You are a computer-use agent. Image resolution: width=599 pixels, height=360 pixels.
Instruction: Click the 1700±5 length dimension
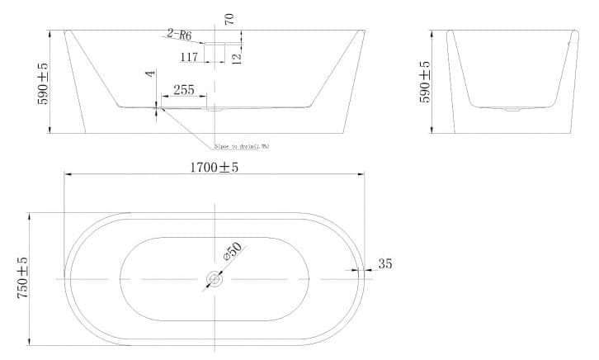[x=214, y=166]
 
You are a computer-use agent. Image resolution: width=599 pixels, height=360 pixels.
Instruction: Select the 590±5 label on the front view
[x=42, y=83]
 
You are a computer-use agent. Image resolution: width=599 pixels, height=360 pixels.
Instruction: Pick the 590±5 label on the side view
[x=426, y=83]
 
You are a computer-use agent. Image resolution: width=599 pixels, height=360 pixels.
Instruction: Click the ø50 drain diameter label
[x=233, y=253]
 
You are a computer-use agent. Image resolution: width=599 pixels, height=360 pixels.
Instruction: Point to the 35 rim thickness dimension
[x=384, y=264]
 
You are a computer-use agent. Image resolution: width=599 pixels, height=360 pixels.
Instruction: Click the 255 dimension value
[x=183, y=90]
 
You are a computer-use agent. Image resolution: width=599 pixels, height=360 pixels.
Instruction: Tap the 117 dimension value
[x=188, y=57]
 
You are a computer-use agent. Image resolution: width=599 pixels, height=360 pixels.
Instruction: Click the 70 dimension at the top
[x=229, y=17]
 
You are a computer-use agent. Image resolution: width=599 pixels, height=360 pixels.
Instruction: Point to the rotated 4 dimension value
[x=150, y=74]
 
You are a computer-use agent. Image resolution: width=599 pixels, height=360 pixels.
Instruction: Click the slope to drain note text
[x=241, y=146]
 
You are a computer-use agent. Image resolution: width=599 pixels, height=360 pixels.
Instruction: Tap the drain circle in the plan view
[x=214, y=279]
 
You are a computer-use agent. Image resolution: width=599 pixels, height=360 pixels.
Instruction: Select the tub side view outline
[x=512, y=83]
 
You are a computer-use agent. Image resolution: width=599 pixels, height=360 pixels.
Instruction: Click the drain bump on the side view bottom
[x=512, y=108]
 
